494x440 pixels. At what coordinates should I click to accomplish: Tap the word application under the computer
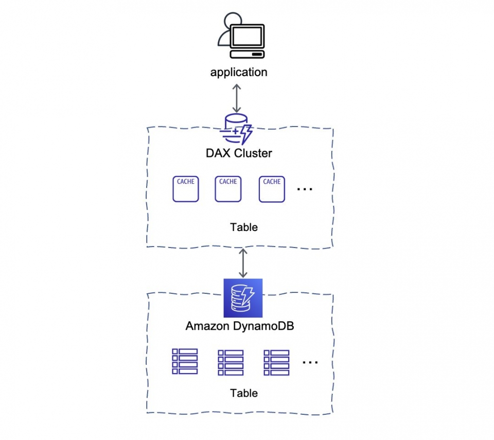[x=239, y=72]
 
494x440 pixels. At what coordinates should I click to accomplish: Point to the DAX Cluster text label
[x=239, y=153]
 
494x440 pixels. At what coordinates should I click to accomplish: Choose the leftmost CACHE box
[x=185, y=189]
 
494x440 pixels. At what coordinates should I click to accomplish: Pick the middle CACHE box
[x=228, y=189]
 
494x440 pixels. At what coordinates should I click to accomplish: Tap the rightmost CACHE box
[x=272, y=189]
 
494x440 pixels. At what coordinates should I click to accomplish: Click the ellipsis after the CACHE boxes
[x=305, y=189]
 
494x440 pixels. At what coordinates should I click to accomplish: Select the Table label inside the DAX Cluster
[x=244, y=227]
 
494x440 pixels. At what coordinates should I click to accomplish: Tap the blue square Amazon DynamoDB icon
[x=243, y=298]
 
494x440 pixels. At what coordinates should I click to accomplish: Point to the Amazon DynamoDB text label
[x=240, y=326]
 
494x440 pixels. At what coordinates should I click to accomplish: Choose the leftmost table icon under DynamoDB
[x=185, y=361]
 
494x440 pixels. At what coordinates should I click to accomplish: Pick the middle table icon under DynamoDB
[x=231, y=362]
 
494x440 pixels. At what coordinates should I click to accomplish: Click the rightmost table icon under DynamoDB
[x=276, y=362]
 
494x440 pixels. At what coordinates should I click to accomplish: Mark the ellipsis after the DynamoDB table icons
[x=310, y=362]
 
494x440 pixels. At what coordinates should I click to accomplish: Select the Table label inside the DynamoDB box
[x=244, y=393]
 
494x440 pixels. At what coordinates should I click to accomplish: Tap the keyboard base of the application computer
[x=247, y=54]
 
